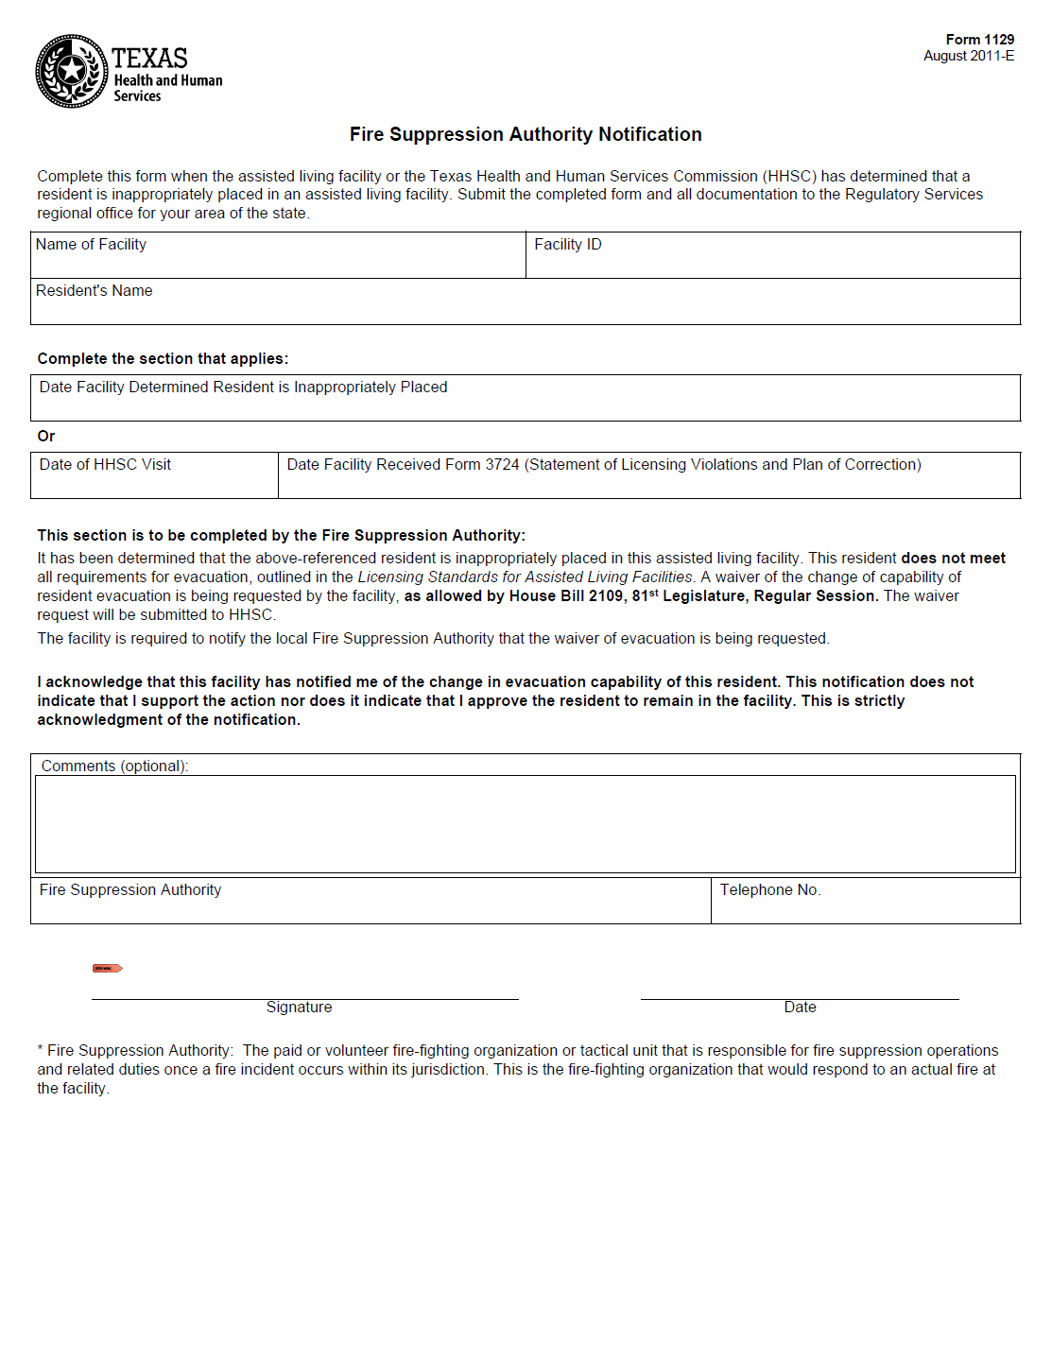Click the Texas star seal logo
71,71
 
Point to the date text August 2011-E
969,56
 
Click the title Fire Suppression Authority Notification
526,134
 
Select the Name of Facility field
278,256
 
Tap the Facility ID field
772,256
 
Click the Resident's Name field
525,302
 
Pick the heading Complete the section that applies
163,359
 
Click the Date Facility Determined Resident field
525,399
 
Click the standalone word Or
46,437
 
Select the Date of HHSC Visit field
154,476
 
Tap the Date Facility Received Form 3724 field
648,476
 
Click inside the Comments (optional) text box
525,824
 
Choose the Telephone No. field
865,902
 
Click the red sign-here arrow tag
107,968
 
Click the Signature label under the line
299,1008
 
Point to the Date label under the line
800,1008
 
